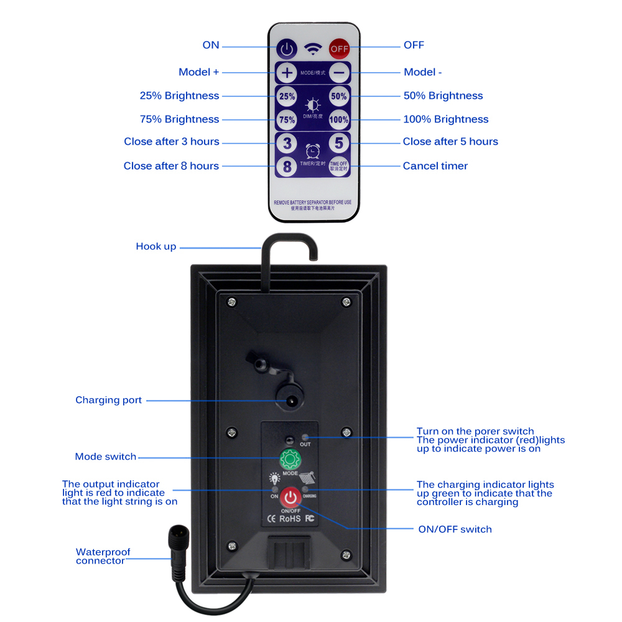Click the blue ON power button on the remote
286,47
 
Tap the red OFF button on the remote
339,48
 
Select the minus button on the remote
339,73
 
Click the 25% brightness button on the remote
287,96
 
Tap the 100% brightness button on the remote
339,119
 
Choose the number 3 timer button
287,143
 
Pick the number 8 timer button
287,166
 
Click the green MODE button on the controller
290,459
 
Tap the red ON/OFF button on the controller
290,497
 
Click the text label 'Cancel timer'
435,166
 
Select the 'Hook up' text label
156,247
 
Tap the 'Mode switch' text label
106,457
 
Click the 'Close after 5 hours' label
450,142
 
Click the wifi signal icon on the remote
312,47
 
